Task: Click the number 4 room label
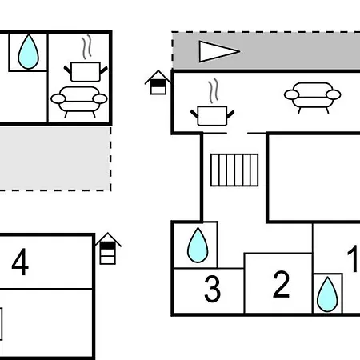20,262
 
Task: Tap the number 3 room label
213,289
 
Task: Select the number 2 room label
281,284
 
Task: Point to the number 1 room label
353,258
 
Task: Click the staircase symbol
234,170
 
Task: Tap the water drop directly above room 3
198,245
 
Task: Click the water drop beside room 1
327,294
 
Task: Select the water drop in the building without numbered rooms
28,51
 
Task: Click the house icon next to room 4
108,249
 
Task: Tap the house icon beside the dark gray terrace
158,82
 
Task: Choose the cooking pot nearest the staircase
212,115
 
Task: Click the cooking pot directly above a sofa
86,71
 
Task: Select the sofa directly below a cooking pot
79,102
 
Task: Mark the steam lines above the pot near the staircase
214,90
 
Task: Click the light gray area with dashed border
55,158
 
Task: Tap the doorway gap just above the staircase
237,133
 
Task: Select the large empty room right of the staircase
314,178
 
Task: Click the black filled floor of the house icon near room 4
107,246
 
